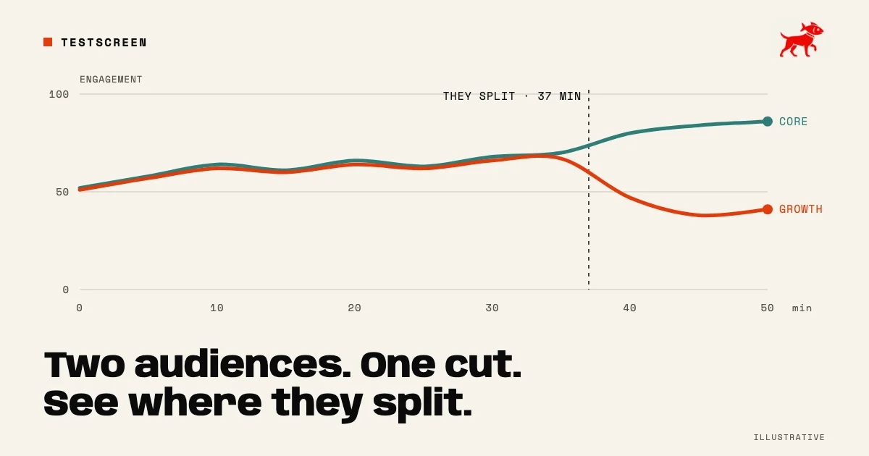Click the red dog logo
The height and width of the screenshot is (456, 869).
coord(802,40)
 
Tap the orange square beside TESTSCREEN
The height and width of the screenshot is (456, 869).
coord(48,42)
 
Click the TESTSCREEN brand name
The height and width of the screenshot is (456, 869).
coord(104,43)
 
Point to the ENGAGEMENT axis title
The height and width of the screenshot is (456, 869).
coord(111,80)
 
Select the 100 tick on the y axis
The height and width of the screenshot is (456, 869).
coord(59,94)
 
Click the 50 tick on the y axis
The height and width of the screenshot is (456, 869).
coord(62,192)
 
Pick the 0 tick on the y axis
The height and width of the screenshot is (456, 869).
coord(66,290)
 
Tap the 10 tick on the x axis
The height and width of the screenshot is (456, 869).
coord(217,308)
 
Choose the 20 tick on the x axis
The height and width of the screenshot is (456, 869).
coord(355,308)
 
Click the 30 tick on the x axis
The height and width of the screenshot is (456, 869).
coord(492,308)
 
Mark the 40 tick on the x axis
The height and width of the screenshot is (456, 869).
coord(629,308)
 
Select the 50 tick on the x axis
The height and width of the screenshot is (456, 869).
coord(767,308)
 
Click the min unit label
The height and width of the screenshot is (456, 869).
coord(802,308)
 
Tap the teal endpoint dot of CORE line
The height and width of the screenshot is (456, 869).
coord(768,122)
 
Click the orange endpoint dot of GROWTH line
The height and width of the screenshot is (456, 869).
coord(768,209)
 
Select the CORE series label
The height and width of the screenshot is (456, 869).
coord(794,122)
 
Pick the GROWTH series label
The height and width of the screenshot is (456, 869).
coord(801,209)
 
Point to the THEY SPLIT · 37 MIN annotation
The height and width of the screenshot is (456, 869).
coord(512,96)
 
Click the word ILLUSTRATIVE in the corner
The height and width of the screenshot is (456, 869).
coord(789,437)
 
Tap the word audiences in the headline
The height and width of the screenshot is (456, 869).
coord(243,365)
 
